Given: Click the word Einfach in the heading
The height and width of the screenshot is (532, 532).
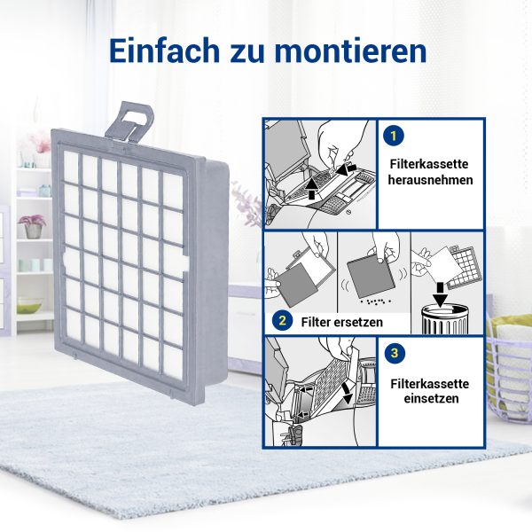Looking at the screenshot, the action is point(164,51).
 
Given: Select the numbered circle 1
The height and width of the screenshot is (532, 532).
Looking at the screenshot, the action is point(394,136).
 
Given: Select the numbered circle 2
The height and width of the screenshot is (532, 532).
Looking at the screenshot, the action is point(282,321).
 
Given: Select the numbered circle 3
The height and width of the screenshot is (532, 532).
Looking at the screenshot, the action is point(395,353).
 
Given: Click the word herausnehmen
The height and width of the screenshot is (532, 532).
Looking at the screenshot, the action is point(431,180).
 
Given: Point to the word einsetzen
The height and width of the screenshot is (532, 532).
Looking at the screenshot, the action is point(431,399).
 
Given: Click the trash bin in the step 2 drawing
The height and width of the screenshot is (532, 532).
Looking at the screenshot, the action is point(445,319).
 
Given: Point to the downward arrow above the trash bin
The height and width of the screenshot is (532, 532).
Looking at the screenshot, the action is point(441,293).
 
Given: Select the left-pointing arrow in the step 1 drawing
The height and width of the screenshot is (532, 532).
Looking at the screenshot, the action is point(347,168).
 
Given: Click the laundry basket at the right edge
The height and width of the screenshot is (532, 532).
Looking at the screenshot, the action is point(509,367).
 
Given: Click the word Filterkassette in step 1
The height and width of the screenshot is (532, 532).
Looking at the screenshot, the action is point(429,164).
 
